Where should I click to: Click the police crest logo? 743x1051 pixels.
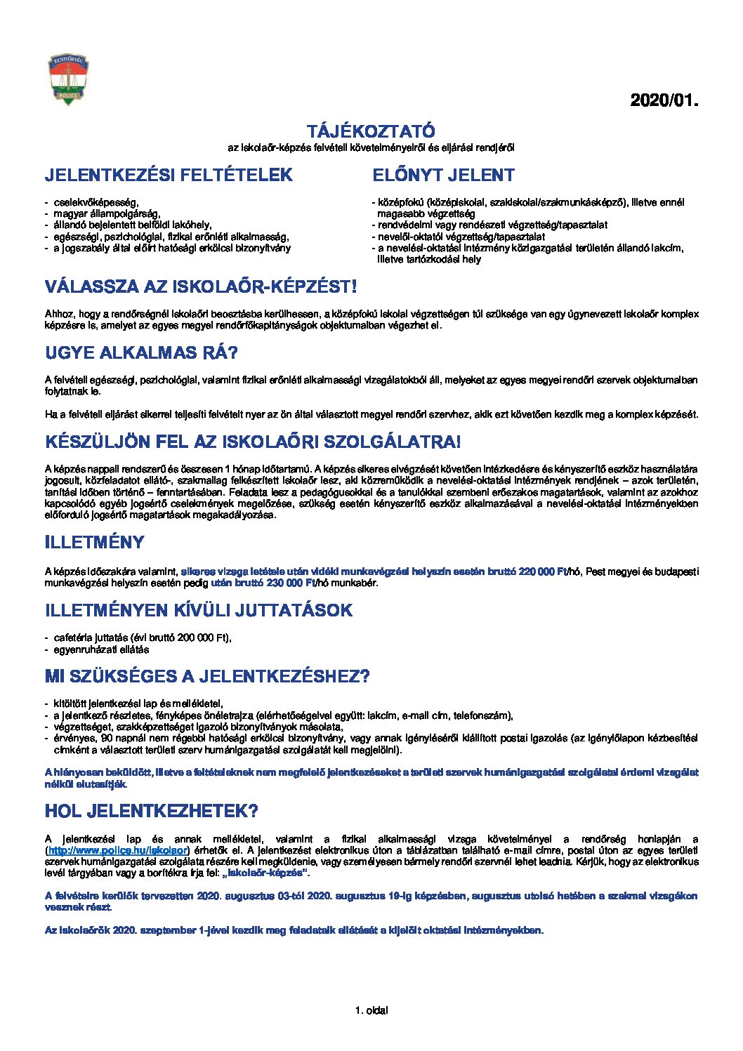[x=68, y=80]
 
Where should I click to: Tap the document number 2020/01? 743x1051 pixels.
[x=664, y=100]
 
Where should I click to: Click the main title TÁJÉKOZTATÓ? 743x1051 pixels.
[x=371, y=131]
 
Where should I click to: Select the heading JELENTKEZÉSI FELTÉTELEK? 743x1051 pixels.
[x=169, y=175]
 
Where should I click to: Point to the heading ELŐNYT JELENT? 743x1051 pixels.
[x=443, y=175]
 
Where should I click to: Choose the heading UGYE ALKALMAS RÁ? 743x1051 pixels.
[x=141, y=352]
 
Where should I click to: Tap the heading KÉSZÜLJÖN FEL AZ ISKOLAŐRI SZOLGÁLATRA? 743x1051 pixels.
[x=253, y=442]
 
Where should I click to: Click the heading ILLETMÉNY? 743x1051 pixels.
[x=95, y=542]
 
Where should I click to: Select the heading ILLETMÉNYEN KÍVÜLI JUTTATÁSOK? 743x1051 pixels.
[x=198, y=610]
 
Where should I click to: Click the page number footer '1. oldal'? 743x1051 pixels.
[x=371, y=1010]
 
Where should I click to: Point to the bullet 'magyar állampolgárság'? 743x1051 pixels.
[x=107, y=213]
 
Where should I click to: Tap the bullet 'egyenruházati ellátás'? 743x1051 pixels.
[x=101, y=649]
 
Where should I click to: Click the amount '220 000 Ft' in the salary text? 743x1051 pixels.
[x=542, y=571]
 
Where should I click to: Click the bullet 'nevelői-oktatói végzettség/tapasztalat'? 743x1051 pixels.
[x=461, y=237]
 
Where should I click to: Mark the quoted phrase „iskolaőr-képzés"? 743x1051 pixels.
[x=265, y=873]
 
